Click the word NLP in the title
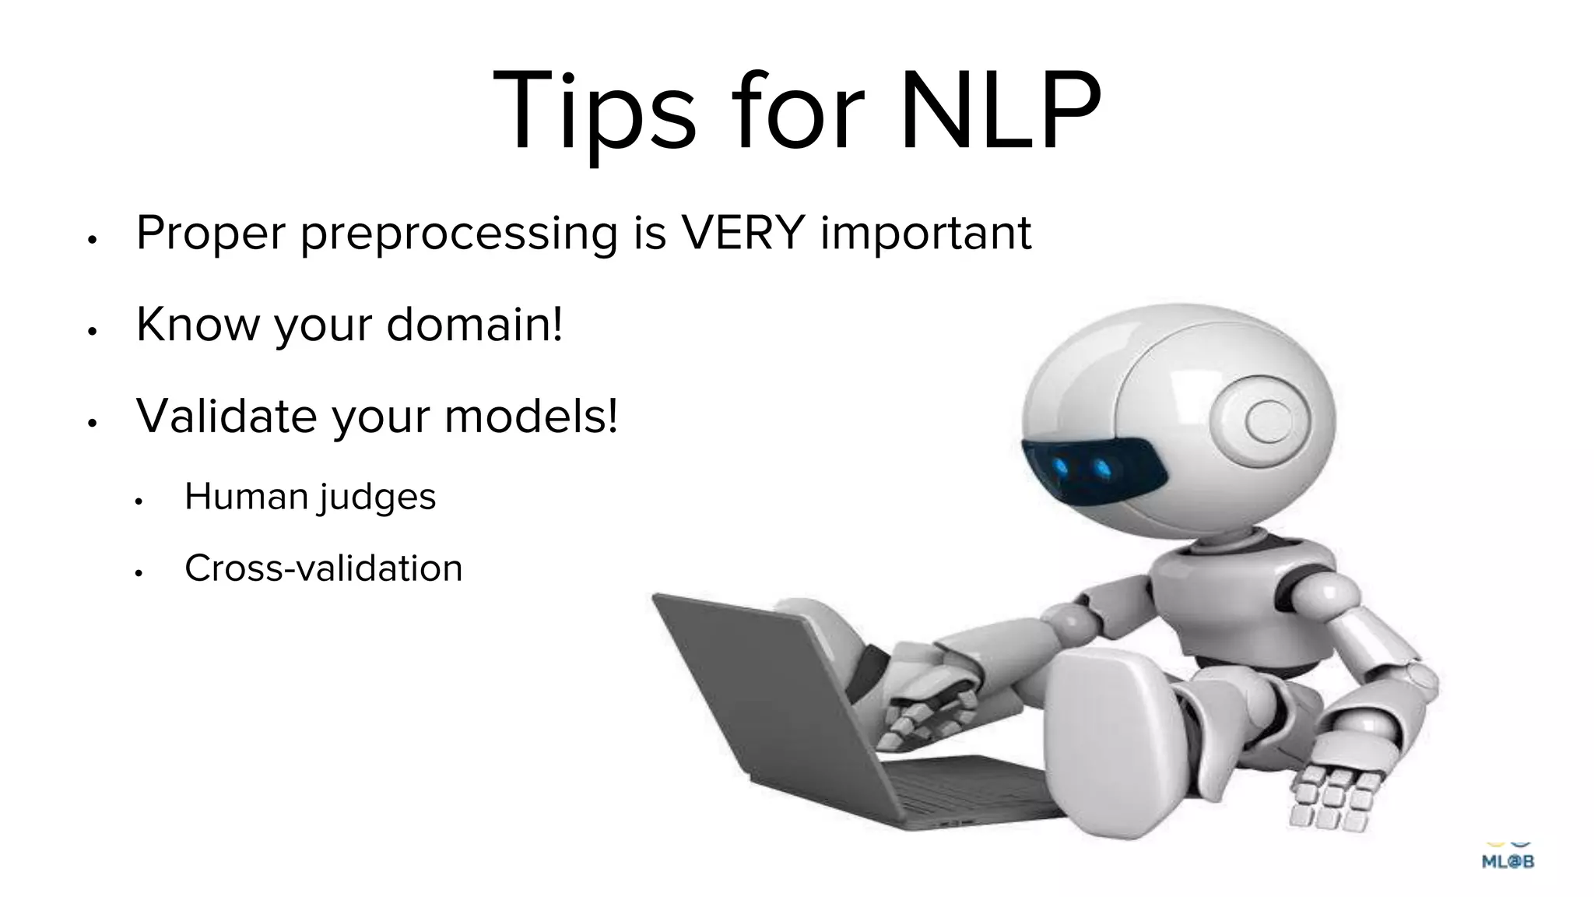pos(1000,111)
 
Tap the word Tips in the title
pos(593,111)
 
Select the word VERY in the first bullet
pos(742,232)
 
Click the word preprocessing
pos(458,234)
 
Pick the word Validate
pos(226,416)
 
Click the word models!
pos(531,416)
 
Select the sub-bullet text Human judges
pos(310,497)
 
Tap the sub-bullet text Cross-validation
pos(323,568)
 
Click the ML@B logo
pos(1508,859)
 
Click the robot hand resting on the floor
pos(1335,794)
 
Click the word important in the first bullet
pos(925,234)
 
